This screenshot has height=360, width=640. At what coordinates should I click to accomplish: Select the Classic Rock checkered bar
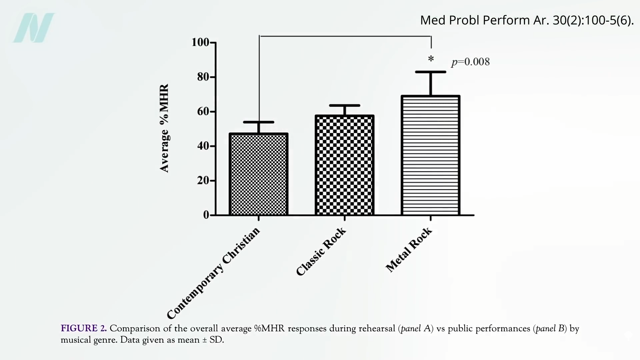[344, 165]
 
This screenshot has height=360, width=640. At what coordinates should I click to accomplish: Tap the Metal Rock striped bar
[430, 155]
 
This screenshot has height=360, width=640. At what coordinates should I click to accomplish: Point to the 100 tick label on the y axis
[200, 42]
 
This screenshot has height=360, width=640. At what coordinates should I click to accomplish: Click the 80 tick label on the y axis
[203, 77]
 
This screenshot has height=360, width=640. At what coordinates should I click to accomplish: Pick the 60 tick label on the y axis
[203, 111]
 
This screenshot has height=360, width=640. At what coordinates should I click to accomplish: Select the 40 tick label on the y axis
[203, 146]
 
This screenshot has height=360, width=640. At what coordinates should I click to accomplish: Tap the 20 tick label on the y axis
[203, 180]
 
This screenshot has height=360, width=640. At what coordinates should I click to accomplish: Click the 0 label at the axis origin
[206, 215]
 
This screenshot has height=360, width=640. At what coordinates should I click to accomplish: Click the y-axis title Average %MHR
[164, 128]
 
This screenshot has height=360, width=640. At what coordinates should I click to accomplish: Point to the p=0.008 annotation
[470, 62]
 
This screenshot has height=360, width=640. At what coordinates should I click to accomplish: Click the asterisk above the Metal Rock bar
[431, 59]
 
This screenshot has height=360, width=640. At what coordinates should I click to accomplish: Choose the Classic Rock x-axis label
[321, 252]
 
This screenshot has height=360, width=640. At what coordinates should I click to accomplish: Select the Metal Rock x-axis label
[409, 250]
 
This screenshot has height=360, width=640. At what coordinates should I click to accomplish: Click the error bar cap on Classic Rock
[344, 105]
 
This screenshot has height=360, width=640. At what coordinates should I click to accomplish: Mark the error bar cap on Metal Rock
[430, 72]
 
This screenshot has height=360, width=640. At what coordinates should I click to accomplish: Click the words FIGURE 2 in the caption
[84, 328]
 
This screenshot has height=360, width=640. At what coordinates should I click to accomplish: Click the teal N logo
[34, 28]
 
